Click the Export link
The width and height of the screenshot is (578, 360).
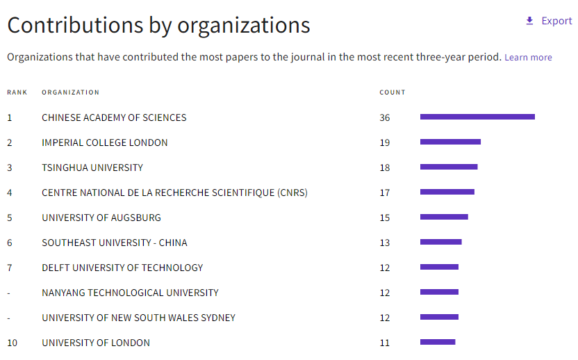point(556,21)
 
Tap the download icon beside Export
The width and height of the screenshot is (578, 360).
point(529,21)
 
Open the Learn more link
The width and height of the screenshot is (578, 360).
point(528,58)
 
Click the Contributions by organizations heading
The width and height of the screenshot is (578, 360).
point(158,25)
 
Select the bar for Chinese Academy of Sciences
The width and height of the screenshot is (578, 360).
point(477,117)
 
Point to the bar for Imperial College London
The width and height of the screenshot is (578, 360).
point(450,142)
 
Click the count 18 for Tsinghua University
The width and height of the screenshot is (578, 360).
point(385,167)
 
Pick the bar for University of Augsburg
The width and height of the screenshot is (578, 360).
point(444,217)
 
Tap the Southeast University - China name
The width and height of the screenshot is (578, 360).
point(114,243)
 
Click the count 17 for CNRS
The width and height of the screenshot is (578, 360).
point(385,193)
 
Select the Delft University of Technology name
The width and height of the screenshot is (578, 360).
point(122,268)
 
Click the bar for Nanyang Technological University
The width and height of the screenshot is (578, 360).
point(439,292)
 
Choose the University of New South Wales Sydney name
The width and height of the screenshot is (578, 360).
point(138,318)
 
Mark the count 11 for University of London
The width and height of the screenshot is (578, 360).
point(385,343)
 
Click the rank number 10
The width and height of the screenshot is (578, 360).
point(12,343)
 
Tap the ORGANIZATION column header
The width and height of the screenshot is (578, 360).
point(70,92)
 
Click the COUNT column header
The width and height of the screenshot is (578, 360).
point(393,92)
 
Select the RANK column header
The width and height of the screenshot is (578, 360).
point(17,92)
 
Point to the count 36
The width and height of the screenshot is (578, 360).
point(385,117)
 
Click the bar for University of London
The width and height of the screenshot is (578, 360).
point(438,342)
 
